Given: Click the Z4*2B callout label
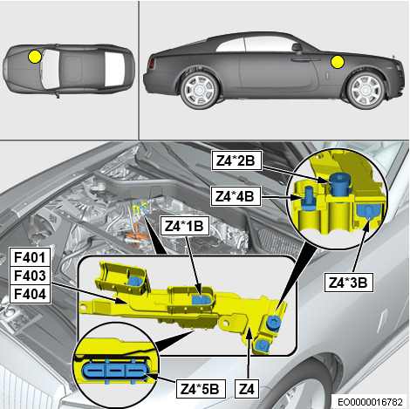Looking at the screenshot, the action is tap(236, 160).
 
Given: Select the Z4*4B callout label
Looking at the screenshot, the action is tap(236, 196).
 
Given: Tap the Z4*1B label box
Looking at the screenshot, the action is tap(185, 226).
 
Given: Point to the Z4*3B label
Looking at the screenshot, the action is tap(349, 283).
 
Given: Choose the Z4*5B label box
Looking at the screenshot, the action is tap(201, 389).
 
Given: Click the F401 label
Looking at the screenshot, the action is tap(30, 257).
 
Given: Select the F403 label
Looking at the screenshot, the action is tap(30, 276).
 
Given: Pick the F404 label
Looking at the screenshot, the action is tap(30, 294).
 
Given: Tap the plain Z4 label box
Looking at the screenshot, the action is tap(247, 389).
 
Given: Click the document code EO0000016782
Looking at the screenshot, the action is tap(371, 402).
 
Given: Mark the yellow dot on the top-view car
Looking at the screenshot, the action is tap(35, 56).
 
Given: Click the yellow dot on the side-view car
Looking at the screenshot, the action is tap(338, 62).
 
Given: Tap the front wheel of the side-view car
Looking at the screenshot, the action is tap(366, 90).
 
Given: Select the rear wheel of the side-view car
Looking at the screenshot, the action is tap(200, 90).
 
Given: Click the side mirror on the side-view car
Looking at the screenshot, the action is tap(297, 48).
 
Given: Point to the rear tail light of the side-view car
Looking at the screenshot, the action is tap(152, 64).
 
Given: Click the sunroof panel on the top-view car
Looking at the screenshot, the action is tap(72, 69).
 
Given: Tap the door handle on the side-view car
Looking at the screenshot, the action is tap(304, 59).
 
